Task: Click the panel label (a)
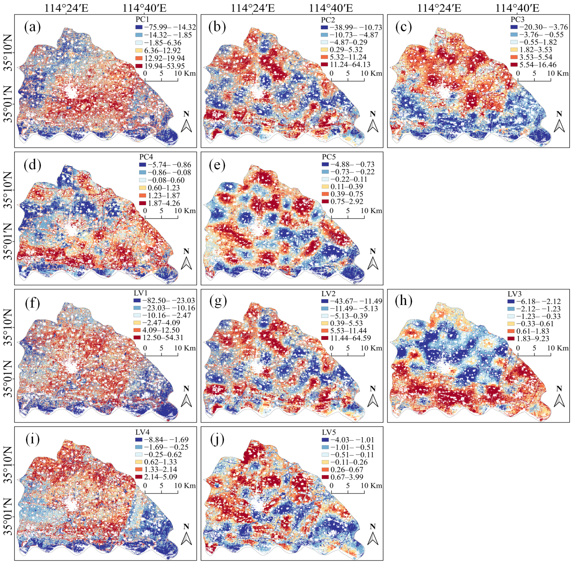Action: [x=32, y=27]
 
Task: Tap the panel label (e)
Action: [x=217, y=165]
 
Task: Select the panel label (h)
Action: [x=404, y=301]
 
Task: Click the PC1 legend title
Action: [x=142, y=19]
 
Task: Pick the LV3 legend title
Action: [x=515, y=294]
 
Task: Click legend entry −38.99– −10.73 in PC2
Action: [x=351, y=27]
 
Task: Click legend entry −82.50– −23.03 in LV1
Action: [x=164, y=301]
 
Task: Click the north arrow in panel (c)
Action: [x=559, y=122]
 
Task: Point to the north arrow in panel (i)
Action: [x=186, y=535]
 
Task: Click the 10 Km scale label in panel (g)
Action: [x=371, y=348]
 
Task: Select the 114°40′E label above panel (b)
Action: [x=331, y=8]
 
